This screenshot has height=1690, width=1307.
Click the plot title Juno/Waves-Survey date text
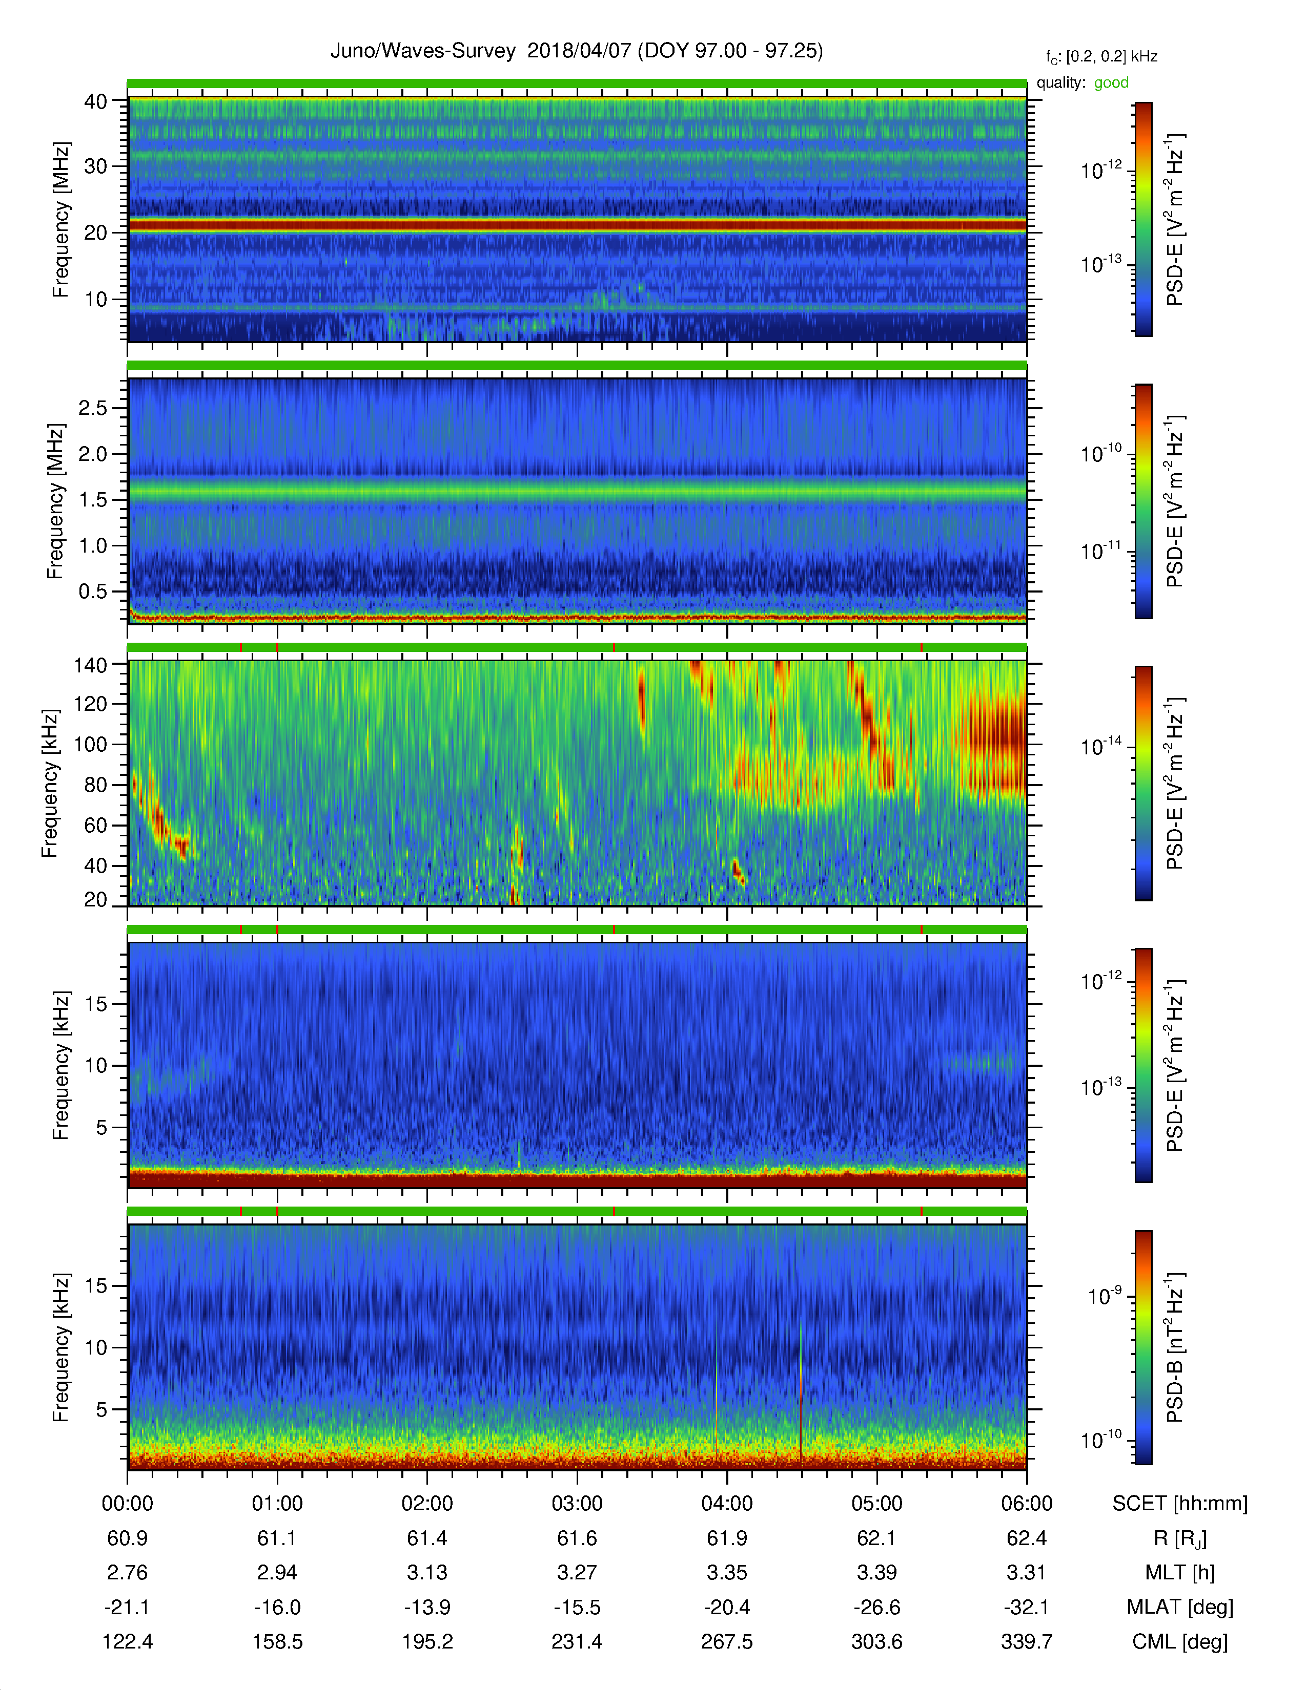click(x=576, y=51)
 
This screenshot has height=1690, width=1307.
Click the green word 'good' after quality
click(x=1111, y=83)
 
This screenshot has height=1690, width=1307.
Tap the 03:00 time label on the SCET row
click(x=577, y=1504)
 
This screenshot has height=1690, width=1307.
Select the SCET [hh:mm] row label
click(x=1180, y=1504)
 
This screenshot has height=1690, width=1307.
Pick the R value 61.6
click(x=577, y=1538)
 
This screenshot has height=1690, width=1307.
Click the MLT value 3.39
click(x=876, y=1572)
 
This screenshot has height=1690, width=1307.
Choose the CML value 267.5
click(x=727, y=1641)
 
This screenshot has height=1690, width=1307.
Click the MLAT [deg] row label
click(x=1180, y=1607)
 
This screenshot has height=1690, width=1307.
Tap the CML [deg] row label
click(x=1180, y=1641)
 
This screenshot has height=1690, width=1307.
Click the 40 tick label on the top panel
click(x=96, y=101)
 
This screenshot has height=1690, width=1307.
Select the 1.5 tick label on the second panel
click(x=93, y=500)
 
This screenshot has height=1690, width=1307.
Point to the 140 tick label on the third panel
click(x=90, y=665)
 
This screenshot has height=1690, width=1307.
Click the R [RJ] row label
click(x=1180, y=1538)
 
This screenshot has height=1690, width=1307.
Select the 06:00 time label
click(x=1027, y=1504)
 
